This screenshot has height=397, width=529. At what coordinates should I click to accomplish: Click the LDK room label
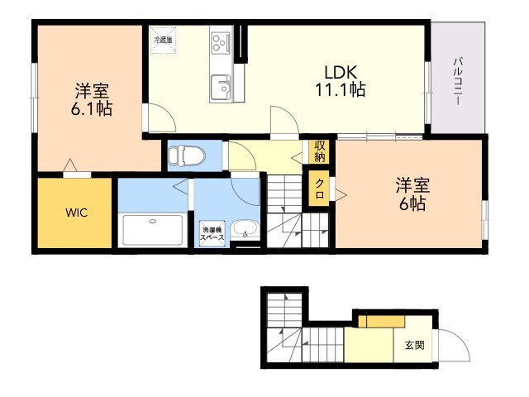pyautogui.click(x=340, y=72)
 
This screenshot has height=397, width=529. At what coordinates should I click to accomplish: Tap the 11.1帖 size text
pyautogui.click(x=340, y=90)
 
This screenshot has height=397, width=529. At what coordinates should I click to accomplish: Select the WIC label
pyautogui.click(x=76, y=213)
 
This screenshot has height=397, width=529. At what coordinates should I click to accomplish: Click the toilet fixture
pyautogui.click(x=187, y=156)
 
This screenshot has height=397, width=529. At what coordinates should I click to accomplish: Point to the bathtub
pyautogui.click(x=153, y=230)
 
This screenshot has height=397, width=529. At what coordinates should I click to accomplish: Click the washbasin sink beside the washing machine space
pyautogui.click(x=245, y=229)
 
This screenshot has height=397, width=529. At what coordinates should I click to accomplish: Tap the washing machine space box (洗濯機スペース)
pyautogui.click(x=212, y=233)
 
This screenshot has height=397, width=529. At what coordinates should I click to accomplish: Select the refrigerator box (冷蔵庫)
pyautogui.click(x=163, y=40)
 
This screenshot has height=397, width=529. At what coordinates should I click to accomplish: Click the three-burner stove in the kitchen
pyautogui.click(x=221, y=43)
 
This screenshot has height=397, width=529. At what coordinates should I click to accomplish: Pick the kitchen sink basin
pyautogui.click(x=221, y=87)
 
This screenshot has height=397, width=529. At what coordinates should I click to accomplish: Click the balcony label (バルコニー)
pyautogui.click(x=458, y=81)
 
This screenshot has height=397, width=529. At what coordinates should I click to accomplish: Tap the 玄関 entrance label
pyautogui.click(x=414, y=346)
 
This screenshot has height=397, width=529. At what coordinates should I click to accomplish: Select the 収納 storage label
pyautogui.click(x=320, y=151)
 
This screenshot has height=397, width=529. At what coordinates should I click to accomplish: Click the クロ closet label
pyautogui.click(x=320, y=189)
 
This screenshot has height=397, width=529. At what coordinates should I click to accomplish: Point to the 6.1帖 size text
pyautogui.click(x=91, y=108)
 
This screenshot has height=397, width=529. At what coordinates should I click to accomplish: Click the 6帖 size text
pyautogui.click(x=412, y=203)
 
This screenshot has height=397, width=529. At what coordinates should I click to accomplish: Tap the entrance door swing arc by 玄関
pyautogui.click(x=461, y=339)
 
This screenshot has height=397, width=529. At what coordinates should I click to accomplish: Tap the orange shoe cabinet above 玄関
pyautogui.click(x=382, y=322)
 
